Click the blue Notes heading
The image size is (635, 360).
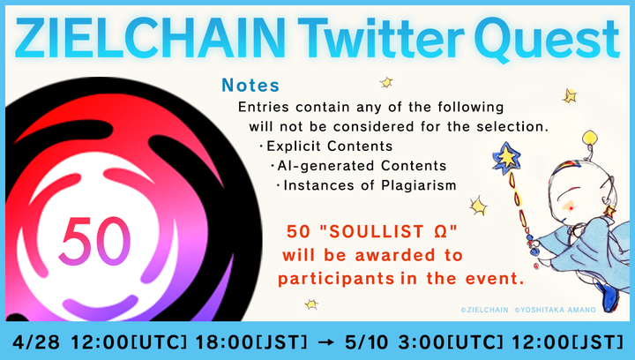point(250,86)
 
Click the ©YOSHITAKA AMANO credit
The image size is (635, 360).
point(558,310)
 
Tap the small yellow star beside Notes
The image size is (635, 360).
point(385,82)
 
